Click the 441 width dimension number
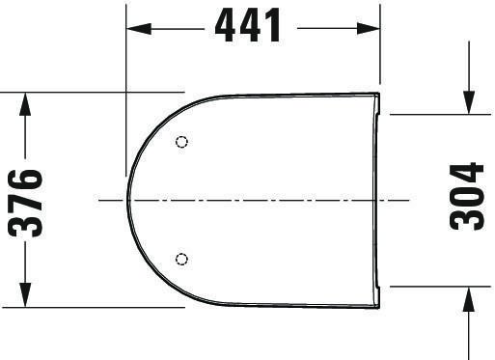(x=248, y=25)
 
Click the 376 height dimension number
(x=25, y=204)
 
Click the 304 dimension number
(x=466, y=197)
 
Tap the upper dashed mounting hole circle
(x=181, y=142)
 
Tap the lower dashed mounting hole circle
(x=181, y=259)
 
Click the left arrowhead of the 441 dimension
(x=139, y=29)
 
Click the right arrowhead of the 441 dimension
(x=369, y=29)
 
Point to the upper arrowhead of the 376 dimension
(x=25, y=104)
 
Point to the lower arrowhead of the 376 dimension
(x=25, y=295)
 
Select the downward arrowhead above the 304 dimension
(x=469, y=102)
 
